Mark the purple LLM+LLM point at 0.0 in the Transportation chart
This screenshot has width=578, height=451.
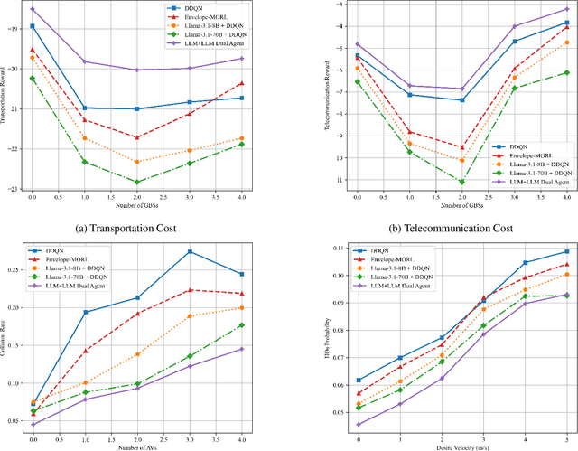coord(33,9)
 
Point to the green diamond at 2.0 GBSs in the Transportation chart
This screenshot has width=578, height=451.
coord(136,183)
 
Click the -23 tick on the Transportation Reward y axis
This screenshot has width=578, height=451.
coord(13,189)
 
